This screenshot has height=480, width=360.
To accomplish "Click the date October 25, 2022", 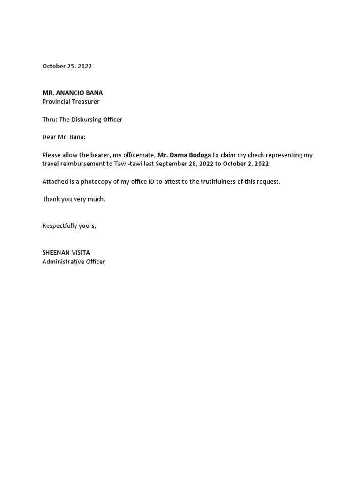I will (x=67, y=66).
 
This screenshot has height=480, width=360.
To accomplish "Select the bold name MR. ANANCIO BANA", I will (x=73, y=93).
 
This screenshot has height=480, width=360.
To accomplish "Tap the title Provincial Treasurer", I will (x=71, y=101).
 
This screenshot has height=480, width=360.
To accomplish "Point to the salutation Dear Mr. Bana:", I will (x=64, y=137).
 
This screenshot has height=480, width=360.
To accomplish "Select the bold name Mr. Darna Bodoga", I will (x=184, y=155).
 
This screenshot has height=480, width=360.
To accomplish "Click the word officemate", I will (x=138, y=155).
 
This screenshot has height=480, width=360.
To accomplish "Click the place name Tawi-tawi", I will (x=127, y=164).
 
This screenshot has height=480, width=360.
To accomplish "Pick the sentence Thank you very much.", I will (x=74, y=199).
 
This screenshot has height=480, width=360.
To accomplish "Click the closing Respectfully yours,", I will (x=69, y=226).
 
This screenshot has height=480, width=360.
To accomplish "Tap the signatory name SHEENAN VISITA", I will (x=66, y=253).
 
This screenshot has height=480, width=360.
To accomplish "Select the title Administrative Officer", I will (x=74, y=262).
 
